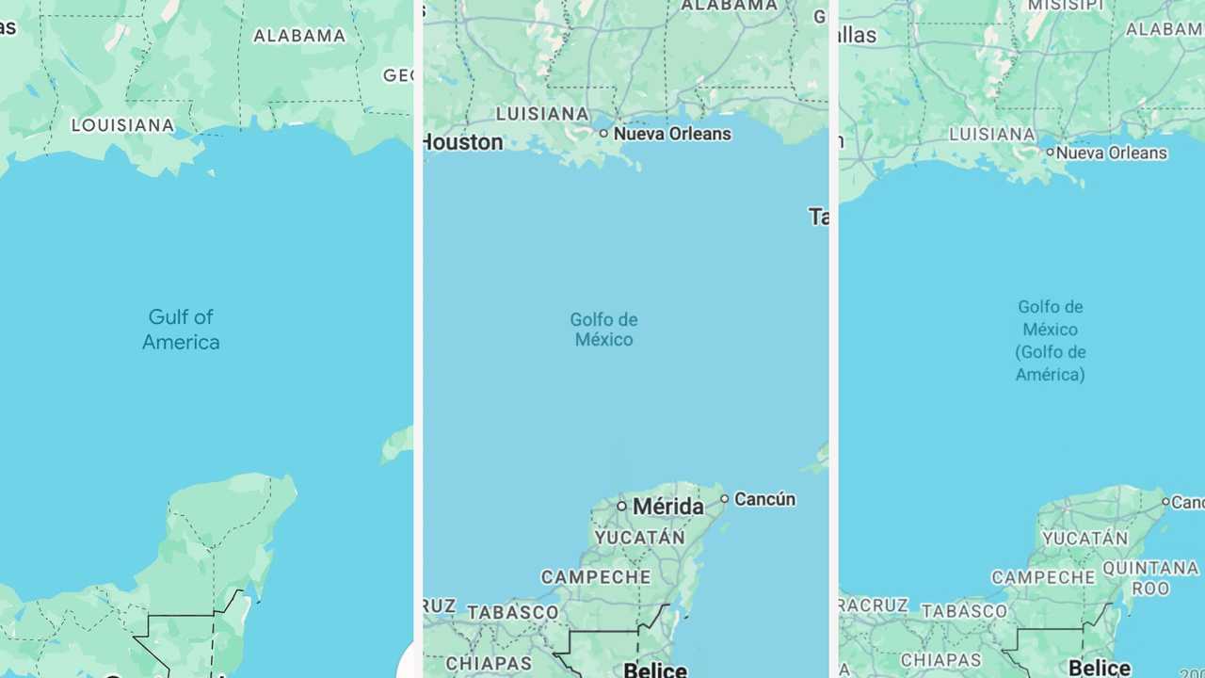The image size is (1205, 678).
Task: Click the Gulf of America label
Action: (x=181, y=330)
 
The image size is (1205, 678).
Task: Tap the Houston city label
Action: (x=463, y=142)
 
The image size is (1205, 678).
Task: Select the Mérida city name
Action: (x=667, y=507)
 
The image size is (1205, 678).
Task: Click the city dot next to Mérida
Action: (x=621, y=507)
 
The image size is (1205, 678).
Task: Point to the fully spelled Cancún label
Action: (x=764, y=499)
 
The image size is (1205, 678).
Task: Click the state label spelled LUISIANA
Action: (x=542, y=114)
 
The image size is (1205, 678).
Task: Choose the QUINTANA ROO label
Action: (x=1150, y=577)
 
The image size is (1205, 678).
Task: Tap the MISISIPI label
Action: (x=1066, y=6)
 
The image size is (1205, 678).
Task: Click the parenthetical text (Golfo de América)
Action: (x=1051, y=363)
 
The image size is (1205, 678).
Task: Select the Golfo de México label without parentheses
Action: (x=603, y=330)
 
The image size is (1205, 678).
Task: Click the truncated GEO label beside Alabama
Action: (x=397, y=75)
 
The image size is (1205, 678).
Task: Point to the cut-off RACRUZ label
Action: (x=875, y=605)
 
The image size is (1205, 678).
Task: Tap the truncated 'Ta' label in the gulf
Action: (x=818, y=218)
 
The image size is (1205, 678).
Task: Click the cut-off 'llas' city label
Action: (x=857, y=36)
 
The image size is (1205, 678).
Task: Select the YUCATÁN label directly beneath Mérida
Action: (x=639, y=538)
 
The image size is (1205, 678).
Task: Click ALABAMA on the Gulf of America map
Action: (x=299, y=36)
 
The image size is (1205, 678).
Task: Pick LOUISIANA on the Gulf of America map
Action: (x=123, y=125)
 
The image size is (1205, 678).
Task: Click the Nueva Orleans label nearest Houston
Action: (x=671, y=134)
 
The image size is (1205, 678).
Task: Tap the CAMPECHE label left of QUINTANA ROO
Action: (x=1044, y=577)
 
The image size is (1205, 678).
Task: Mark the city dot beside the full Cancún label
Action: (x=725, y=499)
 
